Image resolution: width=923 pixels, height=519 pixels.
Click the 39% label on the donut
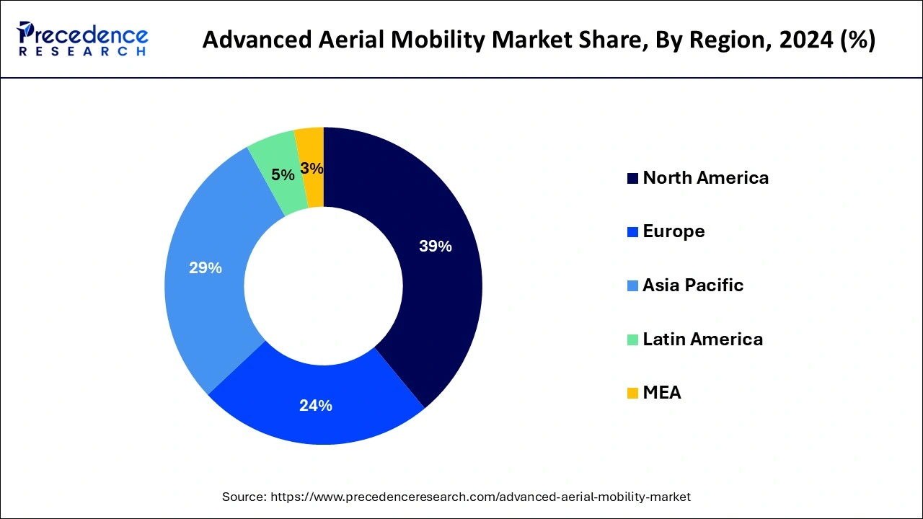(x=435, y=247)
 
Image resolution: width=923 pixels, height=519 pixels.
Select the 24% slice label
(x=316, y=406)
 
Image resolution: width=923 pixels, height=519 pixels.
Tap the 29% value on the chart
(x=206, y=268)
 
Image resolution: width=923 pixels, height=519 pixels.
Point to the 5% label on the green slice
(x=283, y=175)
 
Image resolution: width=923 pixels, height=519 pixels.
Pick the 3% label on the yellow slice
(x=312, y=169)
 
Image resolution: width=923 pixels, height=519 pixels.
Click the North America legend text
(x=705, y=178)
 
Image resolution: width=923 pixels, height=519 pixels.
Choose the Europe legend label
(x=674, y=231)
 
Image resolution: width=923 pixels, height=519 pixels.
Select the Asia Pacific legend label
(x=692, y=285)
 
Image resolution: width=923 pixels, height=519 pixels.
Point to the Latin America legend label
(x=702, y=339)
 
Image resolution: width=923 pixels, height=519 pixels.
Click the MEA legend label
(x=661, y=393)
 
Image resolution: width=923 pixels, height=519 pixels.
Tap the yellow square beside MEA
(x=632, y=394)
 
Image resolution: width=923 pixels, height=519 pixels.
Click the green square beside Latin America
(x=632, y=340)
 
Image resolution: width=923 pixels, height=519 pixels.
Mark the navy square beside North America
(x=632, y=179)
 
